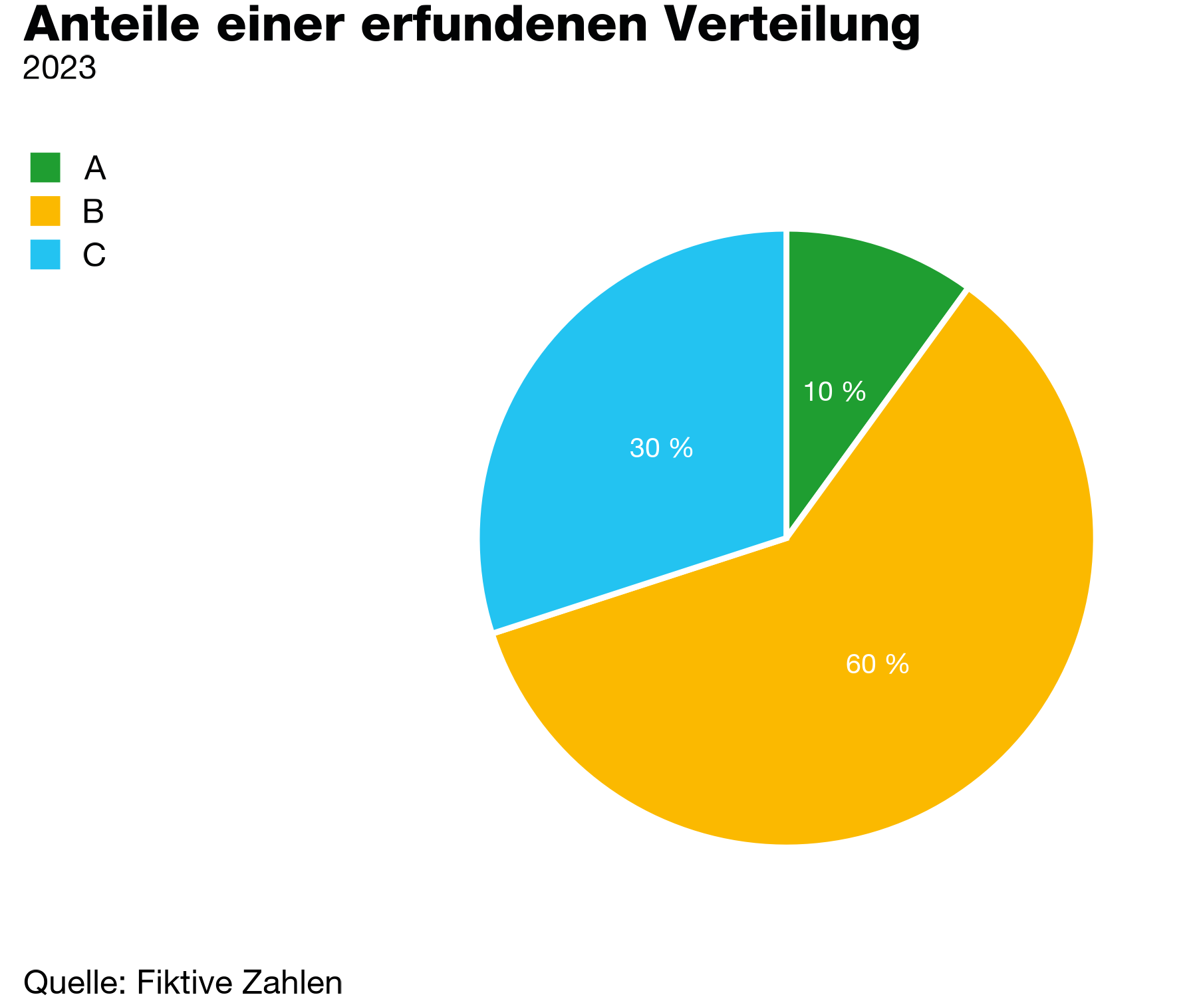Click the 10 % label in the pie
[834, 392]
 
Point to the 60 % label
[877, 664]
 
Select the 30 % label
[661, 449]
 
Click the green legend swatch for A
[45, 167]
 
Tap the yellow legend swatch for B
[45, 211]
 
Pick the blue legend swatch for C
[45, 255]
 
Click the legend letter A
[94, 168]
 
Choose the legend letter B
[93, 211]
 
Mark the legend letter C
[94, 255]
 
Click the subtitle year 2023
[60, 68]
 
